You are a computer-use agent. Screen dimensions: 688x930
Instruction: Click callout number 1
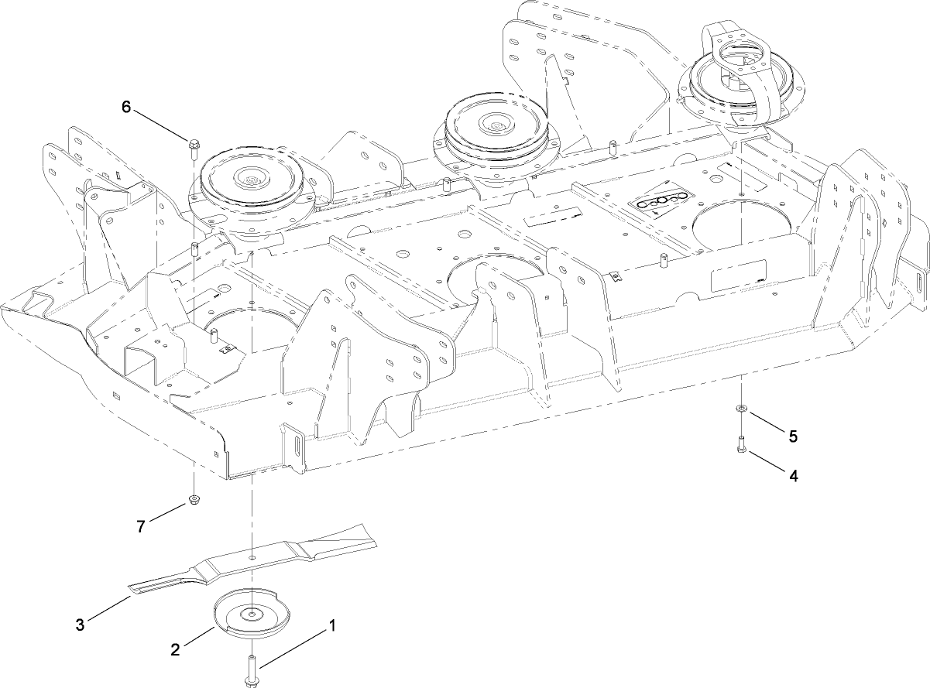(x=332, y=625)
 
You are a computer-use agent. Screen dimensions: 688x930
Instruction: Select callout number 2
(x=176, y=649)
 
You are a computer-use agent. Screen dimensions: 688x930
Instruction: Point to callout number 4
(x=792, y=476)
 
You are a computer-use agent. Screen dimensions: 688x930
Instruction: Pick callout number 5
(x=792, y=436)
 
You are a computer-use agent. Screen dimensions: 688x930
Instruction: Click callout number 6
(x=126, y=106)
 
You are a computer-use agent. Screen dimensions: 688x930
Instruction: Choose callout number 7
(x=140, y=526)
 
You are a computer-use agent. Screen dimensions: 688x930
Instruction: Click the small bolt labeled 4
(x=741, y=447)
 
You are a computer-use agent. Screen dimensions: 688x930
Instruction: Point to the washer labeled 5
(x=741, y=407)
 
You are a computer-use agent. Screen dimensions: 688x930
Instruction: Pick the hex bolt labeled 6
(x=193, y=143)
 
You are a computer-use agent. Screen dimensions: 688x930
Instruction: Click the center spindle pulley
(x=492, y=128)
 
